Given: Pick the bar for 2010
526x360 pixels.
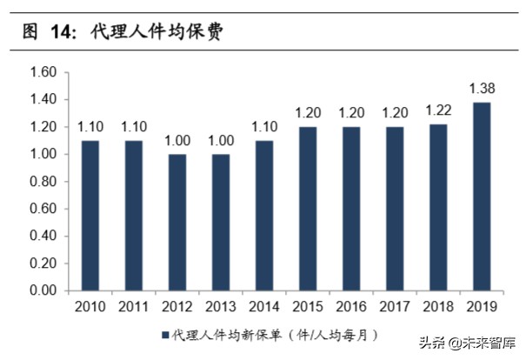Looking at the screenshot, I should (x=91, y=216).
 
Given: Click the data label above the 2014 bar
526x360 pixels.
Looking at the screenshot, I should (x=265, y=127).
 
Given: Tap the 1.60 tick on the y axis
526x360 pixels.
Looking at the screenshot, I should (x=43, y=72).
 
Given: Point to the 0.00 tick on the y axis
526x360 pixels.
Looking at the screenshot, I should (x=43, y=291).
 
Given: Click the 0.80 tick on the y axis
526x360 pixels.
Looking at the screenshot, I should (x=43, y=182).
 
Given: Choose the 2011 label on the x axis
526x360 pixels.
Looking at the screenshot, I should (x=135, y=306).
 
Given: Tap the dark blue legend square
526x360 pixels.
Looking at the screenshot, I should (x=164, y=334).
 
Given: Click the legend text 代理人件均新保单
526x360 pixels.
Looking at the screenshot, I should (x=225, y=334).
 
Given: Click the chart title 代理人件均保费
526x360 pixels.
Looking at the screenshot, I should (x=156, y=34).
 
